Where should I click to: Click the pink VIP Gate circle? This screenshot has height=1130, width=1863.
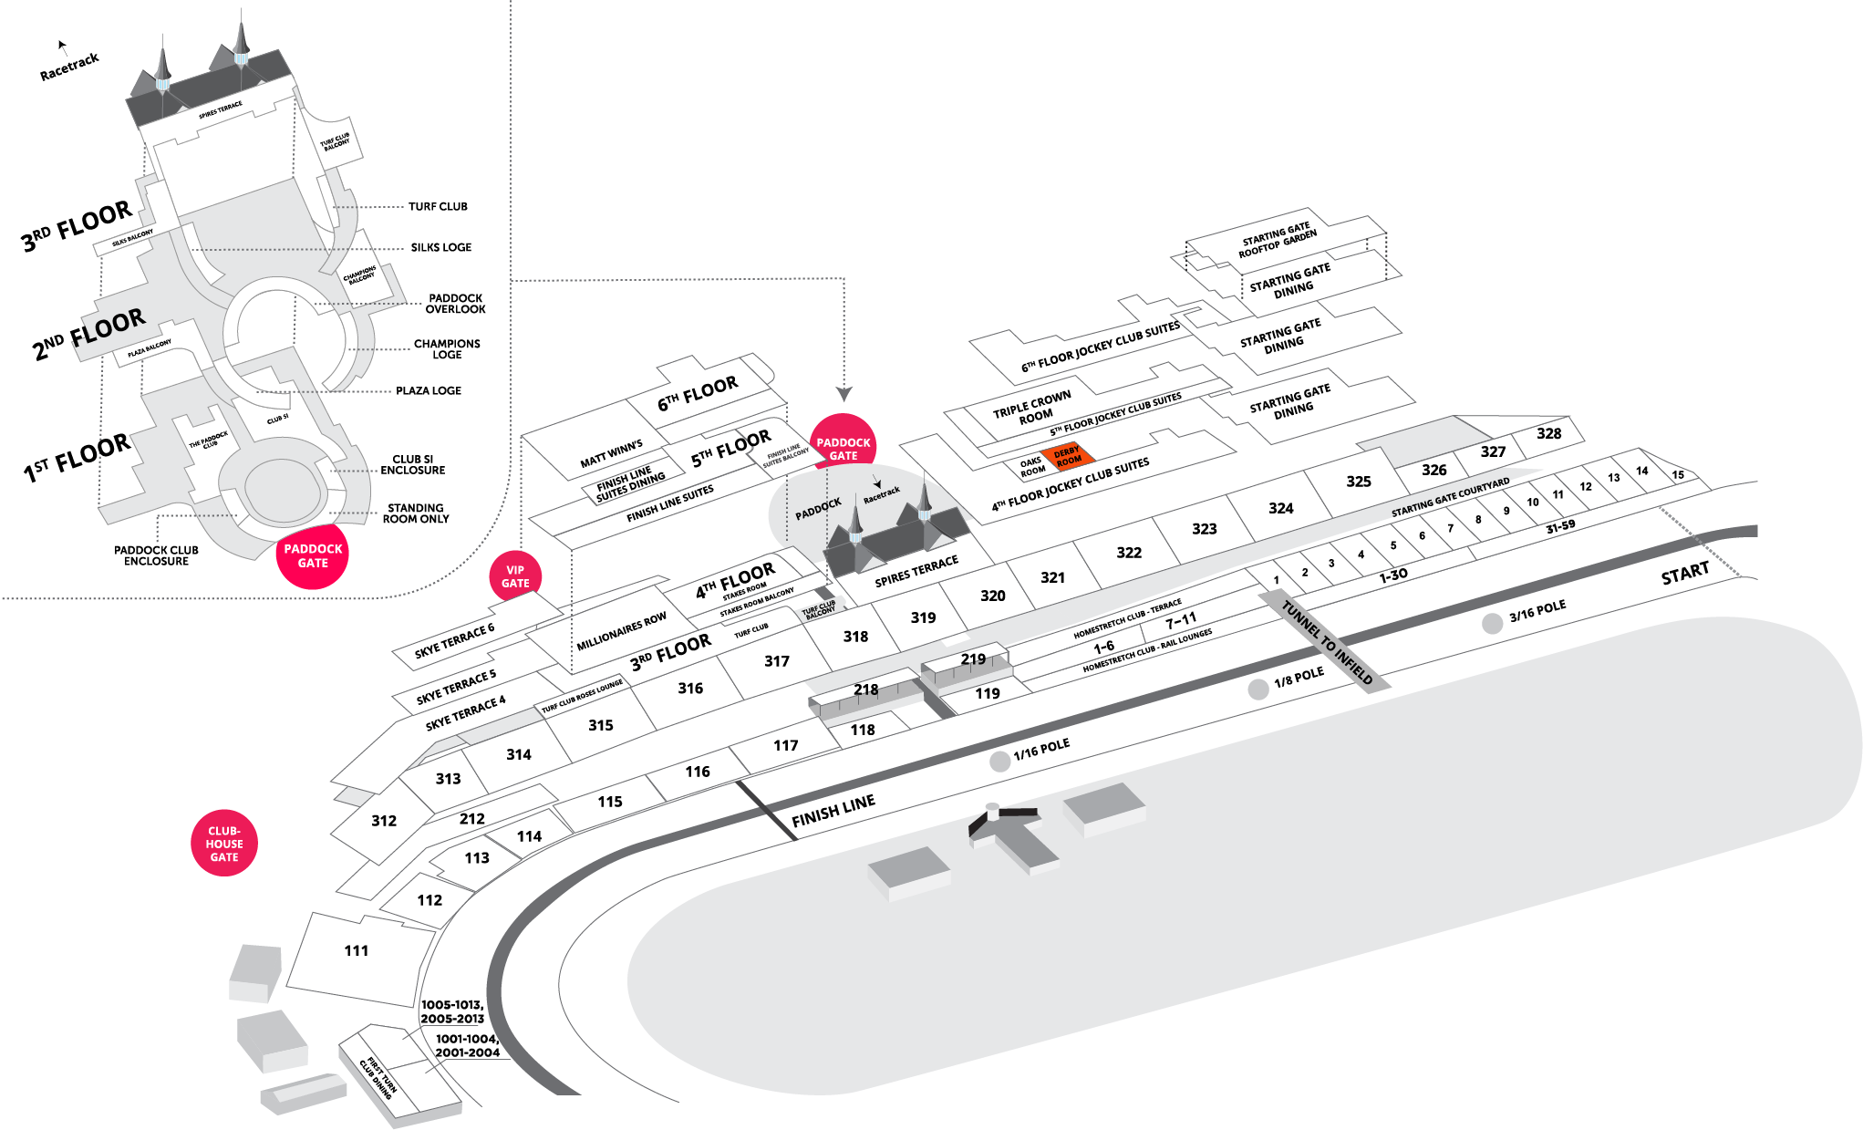coord(515,576)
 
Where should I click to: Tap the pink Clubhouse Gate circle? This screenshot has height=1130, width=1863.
coord(224,844)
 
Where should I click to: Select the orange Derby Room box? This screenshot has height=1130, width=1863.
coord(1067,456)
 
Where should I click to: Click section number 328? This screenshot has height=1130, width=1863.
coord(1548,433)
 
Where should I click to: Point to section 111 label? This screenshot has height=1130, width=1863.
coord(357,950)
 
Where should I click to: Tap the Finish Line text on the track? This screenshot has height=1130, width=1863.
coord(833,810)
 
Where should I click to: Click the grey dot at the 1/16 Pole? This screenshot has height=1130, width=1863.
coord(1000,762)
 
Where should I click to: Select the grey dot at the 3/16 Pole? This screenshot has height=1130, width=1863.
coord(1492,623)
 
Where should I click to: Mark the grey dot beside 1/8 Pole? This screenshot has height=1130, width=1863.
coord(1258,689)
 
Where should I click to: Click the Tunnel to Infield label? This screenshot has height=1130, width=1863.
coord(1327,642)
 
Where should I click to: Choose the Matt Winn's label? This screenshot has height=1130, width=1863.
coord(611,453)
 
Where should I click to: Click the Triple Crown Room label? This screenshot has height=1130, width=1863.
coord(1032,408)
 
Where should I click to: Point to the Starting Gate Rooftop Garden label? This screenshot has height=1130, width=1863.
coord(1277,240)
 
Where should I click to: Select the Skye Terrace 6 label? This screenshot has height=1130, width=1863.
coord(454,640)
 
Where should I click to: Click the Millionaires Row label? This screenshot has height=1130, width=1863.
coord(621,631)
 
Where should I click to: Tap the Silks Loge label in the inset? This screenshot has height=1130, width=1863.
coord(440,247)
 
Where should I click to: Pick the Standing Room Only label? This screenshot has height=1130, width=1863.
coord(415,513)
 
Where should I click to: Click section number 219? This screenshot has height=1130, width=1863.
coord(973,658)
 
